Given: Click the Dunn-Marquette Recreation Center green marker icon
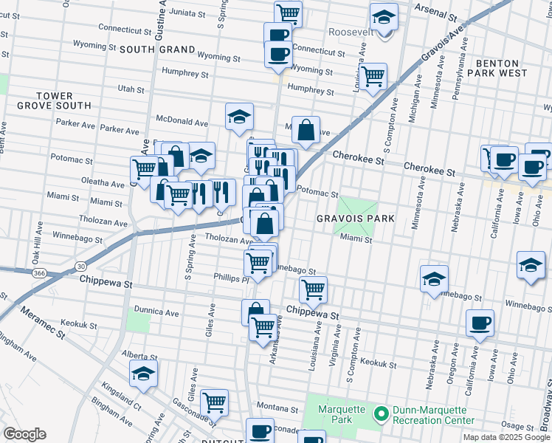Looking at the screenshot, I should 382,414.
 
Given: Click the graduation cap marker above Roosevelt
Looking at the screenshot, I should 383,16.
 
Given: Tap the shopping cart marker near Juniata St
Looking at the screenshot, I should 289,13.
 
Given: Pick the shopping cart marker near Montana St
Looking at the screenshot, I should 214,402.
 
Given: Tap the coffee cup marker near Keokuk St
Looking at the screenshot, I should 480,323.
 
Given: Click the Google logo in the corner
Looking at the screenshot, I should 24,435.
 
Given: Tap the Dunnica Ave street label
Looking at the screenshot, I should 156,312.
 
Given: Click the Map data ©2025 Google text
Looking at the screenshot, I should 506,437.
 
